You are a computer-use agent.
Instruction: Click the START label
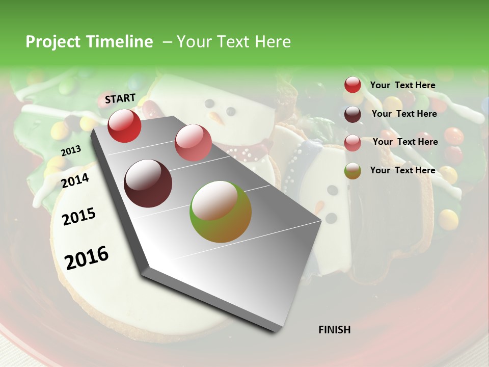coord(120,98)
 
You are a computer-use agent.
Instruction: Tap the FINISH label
coord(334,330)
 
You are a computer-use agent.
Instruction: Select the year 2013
coord(71,150)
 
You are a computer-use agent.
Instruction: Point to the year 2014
coord(75,180)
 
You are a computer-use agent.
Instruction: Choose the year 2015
coord(79,217)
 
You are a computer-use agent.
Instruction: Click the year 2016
coord(87,257)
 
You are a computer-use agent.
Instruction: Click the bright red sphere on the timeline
coord(124,125)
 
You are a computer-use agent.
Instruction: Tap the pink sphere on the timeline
coord(193,143)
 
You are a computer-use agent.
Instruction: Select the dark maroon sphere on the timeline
coord(148,183)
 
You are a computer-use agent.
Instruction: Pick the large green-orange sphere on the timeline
coord(221,212)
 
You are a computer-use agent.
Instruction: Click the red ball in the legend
coord(352,85)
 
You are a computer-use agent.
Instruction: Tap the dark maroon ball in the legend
coord(352,114)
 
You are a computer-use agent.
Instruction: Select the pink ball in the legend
coord(352,143)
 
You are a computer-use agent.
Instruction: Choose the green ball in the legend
coord(352,171)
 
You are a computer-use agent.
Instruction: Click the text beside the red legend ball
coord(402,85)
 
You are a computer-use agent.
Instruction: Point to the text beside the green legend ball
coord(402,170)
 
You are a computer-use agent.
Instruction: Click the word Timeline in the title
coord(121,42)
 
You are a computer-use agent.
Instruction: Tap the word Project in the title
coord(53,42)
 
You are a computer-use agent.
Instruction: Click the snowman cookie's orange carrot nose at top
coord(218,119)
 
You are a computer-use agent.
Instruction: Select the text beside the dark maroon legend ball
coord(404,114)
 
